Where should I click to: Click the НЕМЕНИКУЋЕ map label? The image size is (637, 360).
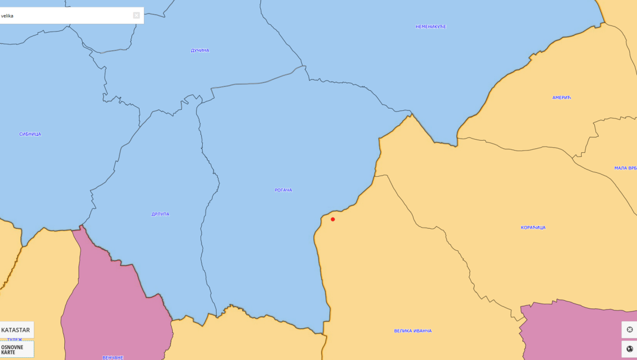click(x=430, y=27)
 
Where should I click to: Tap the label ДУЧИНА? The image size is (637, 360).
click(x=200, y=50)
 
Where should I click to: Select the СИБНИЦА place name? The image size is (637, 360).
click(x=30, y=134)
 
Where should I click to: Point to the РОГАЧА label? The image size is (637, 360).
click(x=283, y=190)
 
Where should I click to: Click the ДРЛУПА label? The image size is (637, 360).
click(x=160, y=214)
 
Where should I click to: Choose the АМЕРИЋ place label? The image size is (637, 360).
click(x=561, y=97)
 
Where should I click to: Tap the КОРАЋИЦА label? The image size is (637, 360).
click(x=533, y=227)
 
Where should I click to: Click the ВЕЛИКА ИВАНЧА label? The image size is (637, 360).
click(x=413, y=331)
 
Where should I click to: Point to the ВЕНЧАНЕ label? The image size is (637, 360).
click(x=112, y=357)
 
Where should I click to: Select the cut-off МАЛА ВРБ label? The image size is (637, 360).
click(x=625, y=168)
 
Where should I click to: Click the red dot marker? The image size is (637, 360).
click(x=333, y=219)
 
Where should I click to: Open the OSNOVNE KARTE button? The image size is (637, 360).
click(x=16, y=349)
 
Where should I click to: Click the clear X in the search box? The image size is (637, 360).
click(x=136, y=16)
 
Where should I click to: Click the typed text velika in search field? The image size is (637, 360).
click(x=7, y=16)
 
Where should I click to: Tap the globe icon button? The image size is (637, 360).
click(x=629, y=349)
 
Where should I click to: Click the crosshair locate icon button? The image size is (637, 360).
click(x=629, y=330)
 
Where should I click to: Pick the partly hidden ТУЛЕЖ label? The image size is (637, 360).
click(x=15, y=340)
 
